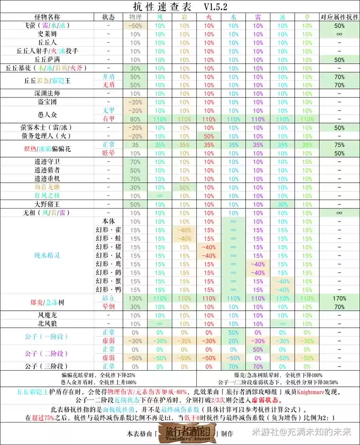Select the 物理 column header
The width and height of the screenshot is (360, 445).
(135, 17)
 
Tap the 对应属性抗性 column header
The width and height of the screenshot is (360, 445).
(339, 17)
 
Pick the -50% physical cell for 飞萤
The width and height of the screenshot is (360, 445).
(135, 26)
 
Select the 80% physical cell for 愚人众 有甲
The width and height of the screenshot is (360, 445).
(135, 119)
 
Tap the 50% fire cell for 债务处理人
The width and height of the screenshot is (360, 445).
(209, 136)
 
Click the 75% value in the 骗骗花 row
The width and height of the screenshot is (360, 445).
(339, 145)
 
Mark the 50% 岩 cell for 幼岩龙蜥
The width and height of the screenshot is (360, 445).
(184, 187)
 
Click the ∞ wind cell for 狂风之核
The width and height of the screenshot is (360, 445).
(160, 195)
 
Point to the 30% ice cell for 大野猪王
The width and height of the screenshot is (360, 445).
(282, 204)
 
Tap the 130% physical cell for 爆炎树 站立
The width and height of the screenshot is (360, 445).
(135, 298)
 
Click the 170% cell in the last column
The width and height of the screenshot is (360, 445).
(339, 298)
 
